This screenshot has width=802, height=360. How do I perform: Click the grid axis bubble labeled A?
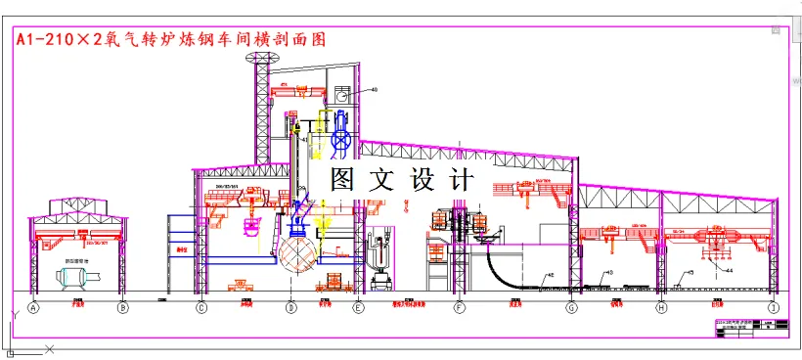34,309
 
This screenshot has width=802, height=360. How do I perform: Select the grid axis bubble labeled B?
123,309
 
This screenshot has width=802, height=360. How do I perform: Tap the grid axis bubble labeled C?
201,309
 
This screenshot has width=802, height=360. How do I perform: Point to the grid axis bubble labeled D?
290,309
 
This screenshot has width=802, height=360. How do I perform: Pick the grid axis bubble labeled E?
359,309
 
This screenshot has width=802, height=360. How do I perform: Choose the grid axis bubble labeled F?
459,309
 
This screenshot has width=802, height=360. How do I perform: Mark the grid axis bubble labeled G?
572,309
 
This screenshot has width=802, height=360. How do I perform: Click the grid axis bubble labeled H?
662,309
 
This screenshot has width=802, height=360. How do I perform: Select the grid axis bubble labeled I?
774,309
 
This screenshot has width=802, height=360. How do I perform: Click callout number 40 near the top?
373,90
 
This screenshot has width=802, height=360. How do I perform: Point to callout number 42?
550,275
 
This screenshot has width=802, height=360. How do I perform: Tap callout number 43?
609,272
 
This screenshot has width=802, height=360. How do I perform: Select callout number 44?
729,267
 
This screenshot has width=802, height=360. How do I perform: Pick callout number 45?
690,272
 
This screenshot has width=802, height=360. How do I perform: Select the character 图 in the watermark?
342,179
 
